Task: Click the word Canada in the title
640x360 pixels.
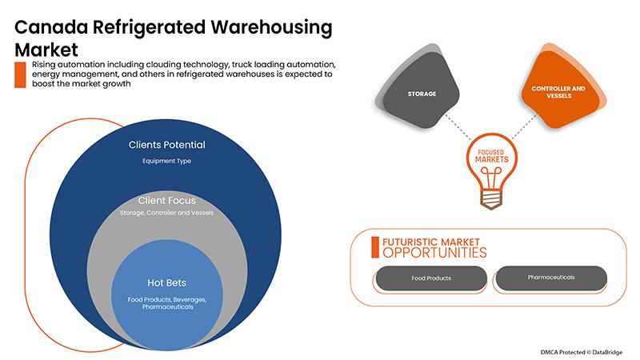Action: coord(51,27)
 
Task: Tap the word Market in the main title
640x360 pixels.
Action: coord(46,50)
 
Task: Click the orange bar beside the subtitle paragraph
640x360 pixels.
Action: coord(20,74)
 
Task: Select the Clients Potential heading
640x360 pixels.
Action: coord(167,145)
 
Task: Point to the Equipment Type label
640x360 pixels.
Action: coord(167,161)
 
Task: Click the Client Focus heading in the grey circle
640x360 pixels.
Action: coord(167,201)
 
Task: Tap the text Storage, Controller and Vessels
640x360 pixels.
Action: coord(166,213)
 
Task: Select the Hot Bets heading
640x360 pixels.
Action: coord(166,283)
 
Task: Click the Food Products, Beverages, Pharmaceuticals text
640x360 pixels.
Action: coord(167,303)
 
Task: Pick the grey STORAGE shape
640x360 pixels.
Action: coord(421,90)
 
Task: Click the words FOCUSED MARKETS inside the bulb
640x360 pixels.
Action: coord(491,156)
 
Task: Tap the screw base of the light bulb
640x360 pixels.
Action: coord(491,200)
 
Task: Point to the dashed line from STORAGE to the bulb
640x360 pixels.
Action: coord(458,126)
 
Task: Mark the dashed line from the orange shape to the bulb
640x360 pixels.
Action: coord(524,126)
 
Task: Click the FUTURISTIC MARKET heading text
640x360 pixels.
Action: coord(430,242)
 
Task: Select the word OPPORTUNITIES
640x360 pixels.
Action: coord(434,253)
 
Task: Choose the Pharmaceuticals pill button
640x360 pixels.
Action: coord(551,278)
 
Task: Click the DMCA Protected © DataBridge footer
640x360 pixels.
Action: coord(582,352)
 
